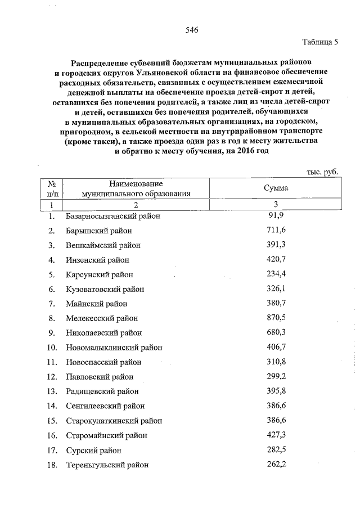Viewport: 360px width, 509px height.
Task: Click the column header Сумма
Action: click(x=276, y=188)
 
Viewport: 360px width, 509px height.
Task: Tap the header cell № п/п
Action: click(x=51, y=188)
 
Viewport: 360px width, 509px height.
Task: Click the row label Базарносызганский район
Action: click(x=112, y=216)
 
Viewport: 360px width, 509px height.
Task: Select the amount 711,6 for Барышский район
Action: click(x=276, y=230)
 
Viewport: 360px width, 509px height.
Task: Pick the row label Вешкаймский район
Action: click(x=102, y=245)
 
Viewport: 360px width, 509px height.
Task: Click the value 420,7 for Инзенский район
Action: click(x=276, y=259)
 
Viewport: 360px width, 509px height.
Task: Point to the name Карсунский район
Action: click(x=100, y=274)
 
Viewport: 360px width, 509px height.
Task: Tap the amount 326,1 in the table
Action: click(x=276, y=289)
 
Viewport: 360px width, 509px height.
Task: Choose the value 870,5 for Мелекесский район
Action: click(x=276, y=318)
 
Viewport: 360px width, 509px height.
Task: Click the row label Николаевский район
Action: click(x=103, y=333)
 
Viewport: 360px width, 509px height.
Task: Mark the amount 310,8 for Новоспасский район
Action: click(x=276, y=362)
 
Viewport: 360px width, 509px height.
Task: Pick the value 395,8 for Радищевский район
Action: click(x=276, y=391)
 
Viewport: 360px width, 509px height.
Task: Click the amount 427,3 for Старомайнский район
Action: click(x=276, y=435)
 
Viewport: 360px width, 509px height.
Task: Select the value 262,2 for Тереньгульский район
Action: click(x=276, y=464)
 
